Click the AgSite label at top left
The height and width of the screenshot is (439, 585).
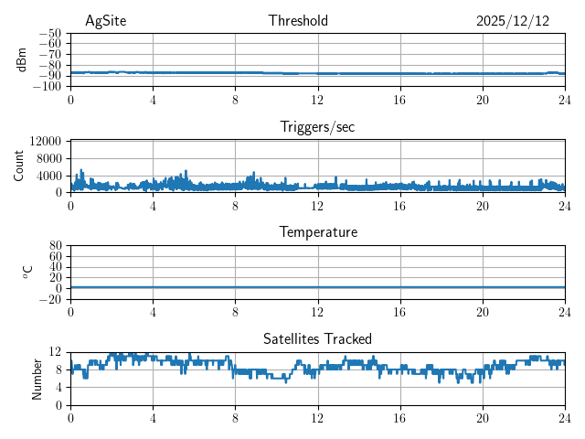105,21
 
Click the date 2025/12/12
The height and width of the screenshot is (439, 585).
513,21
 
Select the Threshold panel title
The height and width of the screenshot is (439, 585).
298,21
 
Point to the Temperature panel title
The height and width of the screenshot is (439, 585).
317,232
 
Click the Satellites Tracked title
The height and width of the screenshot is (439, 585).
317,339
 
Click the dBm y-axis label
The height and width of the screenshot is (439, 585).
22,59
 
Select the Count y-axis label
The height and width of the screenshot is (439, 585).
19,166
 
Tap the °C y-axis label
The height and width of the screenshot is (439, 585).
27,272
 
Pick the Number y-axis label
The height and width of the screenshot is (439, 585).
37,378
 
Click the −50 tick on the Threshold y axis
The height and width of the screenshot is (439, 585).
49,33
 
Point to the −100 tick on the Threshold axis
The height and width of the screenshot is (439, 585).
47,87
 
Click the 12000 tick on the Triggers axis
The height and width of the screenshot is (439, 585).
45,141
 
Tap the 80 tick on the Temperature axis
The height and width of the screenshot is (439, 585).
55,246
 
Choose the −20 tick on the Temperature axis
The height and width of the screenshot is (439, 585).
49,300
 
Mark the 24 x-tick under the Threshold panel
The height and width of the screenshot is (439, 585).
564,101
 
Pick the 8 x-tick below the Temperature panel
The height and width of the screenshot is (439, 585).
235,313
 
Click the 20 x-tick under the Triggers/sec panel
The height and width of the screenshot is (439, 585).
482,207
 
